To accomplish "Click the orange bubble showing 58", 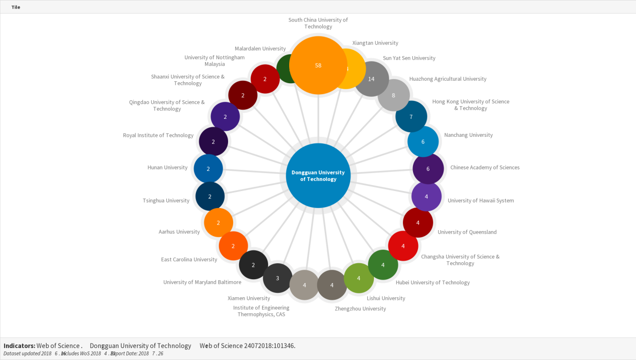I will point(318,65).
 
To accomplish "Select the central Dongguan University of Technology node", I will point(318,175).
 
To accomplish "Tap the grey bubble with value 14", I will point(371,79).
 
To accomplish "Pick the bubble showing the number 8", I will point(393,95).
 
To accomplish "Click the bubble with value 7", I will point(411,116).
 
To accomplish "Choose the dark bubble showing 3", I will point(277,278).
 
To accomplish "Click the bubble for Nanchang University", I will point(422,141).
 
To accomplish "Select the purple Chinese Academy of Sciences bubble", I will point(428,168).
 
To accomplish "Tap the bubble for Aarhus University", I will point(219,223).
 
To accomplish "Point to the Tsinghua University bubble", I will point(209,197).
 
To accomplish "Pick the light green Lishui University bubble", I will point(358,278).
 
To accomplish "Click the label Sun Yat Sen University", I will point(409,58).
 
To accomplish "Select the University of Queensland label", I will point(467,232).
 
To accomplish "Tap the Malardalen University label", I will point(260,49).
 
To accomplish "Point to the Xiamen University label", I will point(249,298).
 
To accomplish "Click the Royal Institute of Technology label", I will point(158,135).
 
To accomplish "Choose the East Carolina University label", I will point(189,260).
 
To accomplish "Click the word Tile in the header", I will point(16,7).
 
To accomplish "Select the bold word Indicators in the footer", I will point(19,345).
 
